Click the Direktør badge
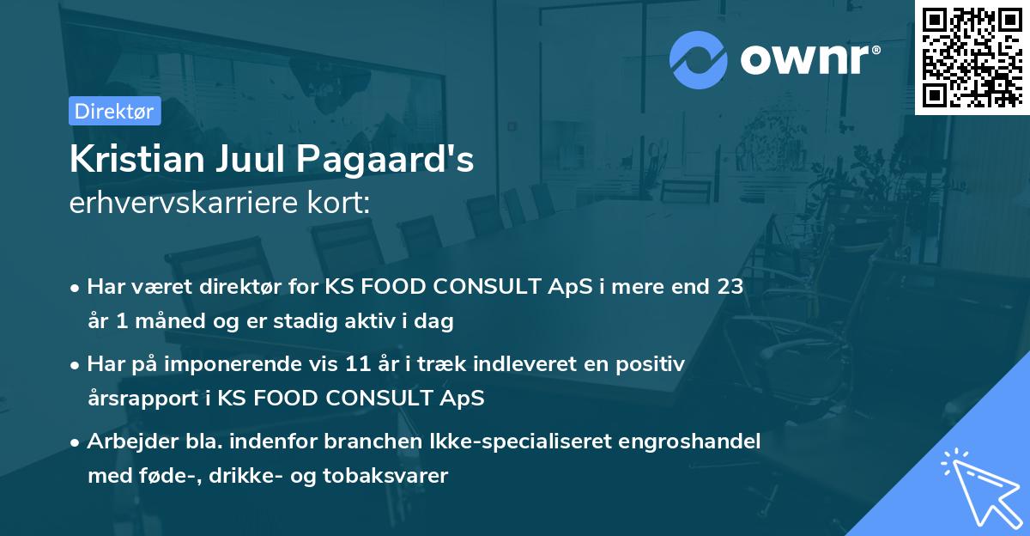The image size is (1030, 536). pyautogui.click(x=114, y=111)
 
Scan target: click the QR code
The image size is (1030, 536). pyautogui.click(x=972, y=57)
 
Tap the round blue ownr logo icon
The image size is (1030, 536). pyautogui.click(x=699, y=59)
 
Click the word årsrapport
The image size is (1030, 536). pyautogui.click(x=136, y=399)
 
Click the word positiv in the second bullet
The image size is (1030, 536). pyautogui.click(x=648, y=364)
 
